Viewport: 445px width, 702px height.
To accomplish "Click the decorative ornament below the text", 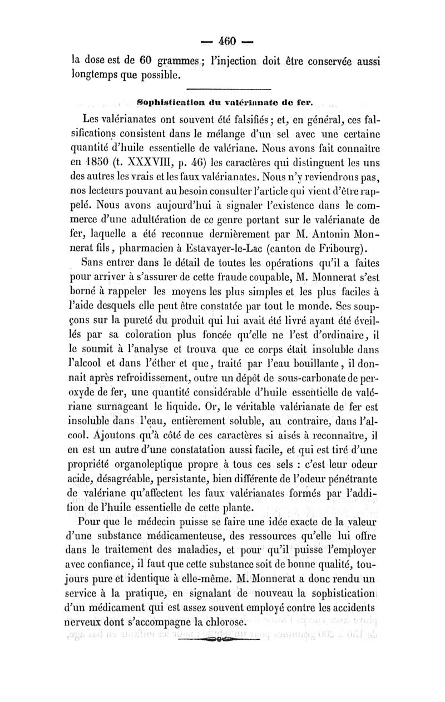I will click(224, 640).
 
